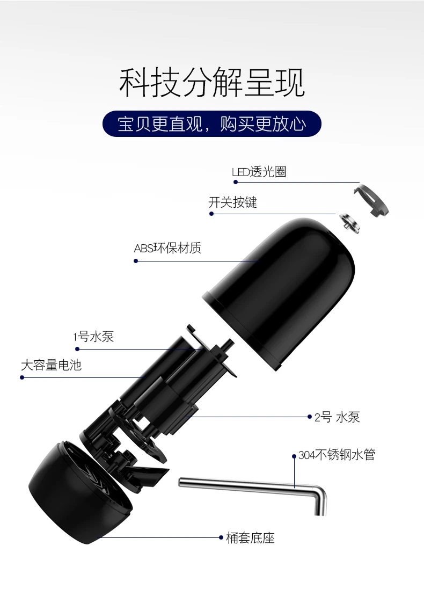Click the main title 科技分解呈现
click(x=212, y=83)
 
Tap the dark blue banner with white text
click(x=212, y=124)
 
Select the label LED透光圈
click(x=259, y=172)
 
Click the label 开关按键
click(x=232, y=202)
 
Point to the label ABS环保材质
click(x=167, y=248)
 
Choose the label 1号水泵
click(x=93, y=337)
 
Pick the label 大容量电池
click(x=51, y=365)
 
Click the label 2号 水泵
click(x=337, y=417)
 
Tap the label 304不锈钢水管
click(x=337, y=455)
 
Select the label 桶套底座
click(x=250, y=538)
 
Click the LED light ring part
click(x=371, y=200)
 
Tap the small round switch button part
click(x=349, y=223)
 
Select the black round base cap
click(x=80, y=492)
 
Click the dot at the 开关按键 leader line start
click(x=211, y=214)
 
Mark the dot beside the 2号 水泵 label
click(x=310, y=417)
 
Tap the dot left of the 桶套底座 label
click(x=221, y=538)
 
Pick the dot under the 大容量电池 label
click(x=22, y=377)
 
